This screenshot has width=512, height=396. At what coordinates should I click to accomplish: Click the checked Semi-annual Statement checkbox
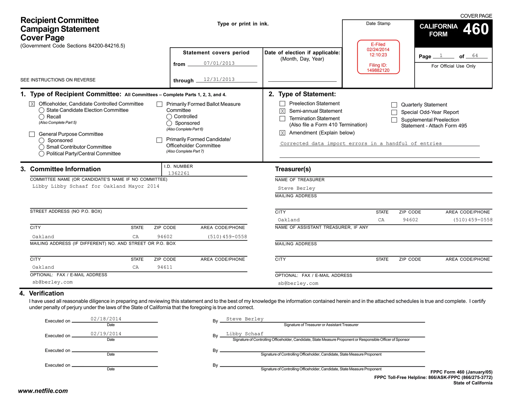(x=282, y=111)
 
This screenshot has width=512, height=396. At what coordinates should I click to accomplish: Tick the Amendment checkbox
(x=282, y=133)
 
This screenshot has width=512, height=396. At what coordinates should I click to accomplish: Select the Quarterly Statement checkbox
(x=394, y=105)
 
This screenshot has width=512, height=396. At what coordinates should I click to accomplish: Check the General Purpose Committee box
(x=32, y=134)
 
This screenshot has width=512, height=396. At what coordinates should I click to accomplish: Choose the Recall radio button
(x=41, y=117)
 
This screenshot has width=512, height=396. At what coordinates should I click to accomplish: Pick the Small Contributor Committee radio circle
(x=41, y=147)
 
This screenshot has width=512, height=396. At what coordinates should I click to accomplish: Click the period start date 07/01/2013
(x=219, y=63)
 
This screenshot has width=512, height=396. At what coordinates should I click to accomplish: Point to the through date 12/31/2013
(x=219, y=80)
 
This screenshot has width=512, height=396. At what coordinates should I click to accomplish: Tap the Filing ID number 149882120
(x=378, y=70)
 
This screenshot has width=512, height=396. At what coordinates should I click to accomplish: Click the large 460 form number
(x=475, y=29)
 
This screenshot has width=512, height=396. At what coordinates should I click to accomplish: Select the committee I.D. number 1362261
(x=179, y=173)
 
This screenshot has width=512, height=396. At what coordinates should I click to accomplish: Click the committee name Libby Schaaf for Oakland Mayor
(x=96, y=186)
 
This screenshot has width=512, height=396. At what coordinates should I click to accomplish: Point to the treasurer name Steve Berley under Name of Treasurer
(x=296, y=188)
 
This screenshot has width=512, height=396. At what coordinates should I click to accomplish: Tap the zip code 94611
(x=165, y=267)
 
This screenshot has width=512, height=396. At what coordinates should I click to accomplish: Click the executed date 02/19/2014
(x=106, y=334)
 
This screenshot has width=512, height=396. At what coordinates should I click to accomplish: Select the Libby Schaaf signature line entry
(x=245, y=334)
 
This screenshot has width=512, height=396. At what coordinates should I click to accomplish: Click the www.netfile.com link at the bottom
(x=43, y=391)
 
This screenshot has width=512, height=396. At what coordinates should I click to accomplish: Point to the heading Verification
(x=46, y=293)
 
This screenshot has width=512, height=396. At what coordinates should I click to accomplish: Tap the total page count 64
(x=475, y=56)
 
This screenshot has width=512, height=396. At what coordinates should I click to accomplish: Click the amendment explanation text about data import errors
(x=361, y=144)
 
